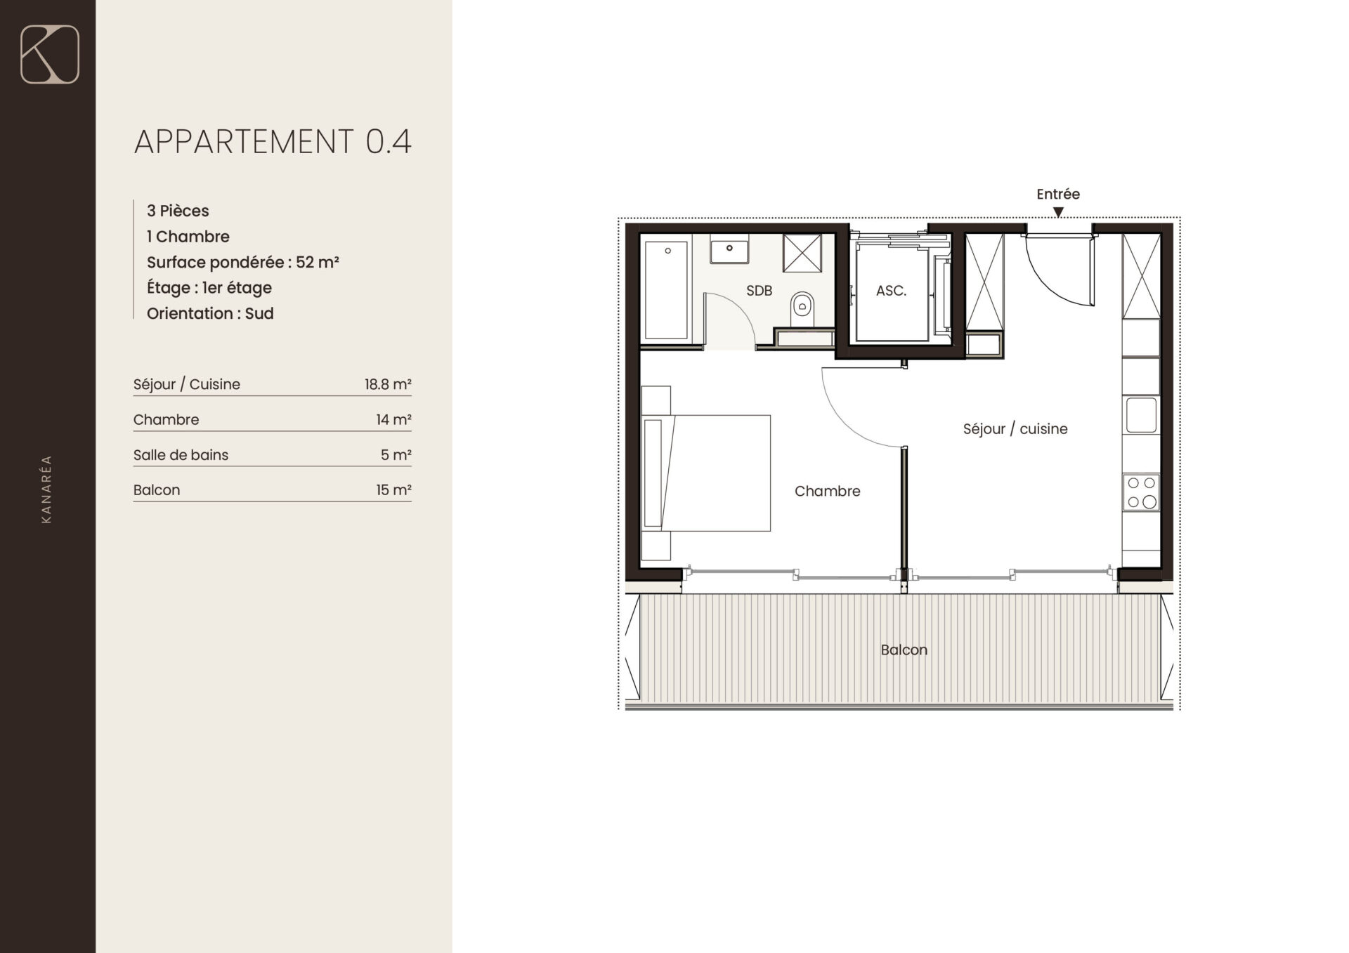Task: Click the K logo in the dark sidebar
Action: pos(50,55)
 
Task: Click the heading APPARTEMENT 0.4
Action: pos(273,142)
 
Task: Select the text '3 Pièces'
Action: pos(178,211)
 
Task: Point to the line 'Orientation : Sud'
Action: pos(210,313)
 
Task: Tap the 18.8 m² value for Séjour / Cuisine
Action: pos(388,384)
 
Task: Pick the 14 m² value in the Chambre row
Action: pos(393,419)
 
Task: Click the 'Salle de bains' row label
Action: pos(181,455)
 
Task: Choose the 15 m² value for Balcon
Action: pos(393,489)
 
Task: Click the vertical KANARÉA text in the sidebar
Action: pos(46,489)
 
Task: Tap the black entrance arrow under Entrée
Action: pos(1058,212)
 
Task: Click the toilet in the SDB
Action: pos(802,308)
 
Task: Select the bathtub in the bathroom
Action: pos(666,290)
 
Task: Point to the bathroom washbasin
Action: pos(729,249)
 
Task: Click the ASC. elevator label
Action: pos(891,291)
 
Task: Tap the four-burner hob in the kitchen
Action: pos(1141,492)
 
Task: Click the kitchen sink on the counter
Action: pos(1142,415)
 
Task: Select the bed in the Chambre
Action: pos(706,473)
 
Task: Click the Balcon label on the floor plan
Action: pos(904,650)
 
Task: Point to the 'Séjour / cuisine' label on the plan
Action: pos(1015,429)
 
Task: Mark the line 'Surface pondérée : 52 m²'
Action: pos(243,262)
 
